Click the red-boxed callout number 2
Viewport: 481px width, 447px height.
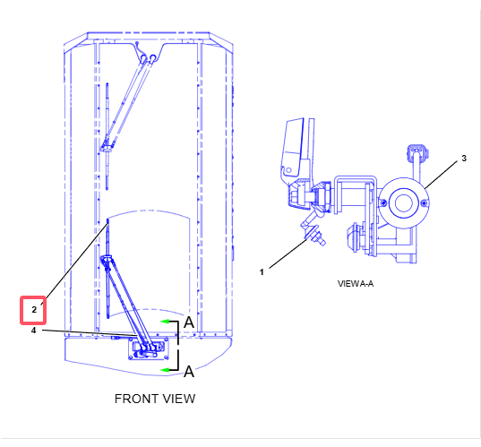coord(34,310)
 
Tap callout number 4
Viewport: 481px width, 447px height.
coord(34,331)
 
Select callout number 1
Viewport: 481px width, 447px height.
coord(262,271)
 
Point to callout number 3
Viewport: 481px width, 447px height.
coord(464,159)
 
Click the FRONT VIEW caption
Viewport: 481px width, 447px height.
coord(155,399)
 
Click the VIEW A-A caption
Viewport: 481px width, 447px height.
coord(356,283)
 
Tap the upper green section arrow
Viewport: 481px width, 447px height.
coord(165,322)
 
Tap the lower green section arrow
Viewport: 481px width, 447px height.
coord(165,370)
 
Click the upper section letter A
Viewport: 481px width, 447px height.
coord(189,322)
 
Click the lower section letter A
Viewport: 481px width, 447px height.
coord(189,372)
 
